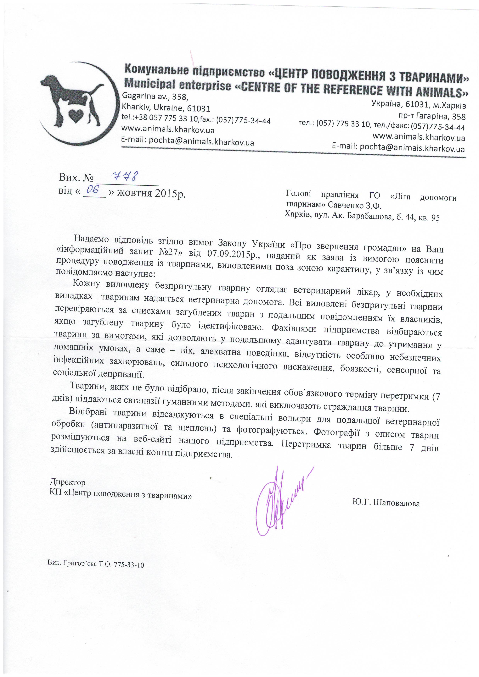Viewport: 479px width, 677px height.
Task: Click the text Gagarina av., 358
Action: pos(155,96)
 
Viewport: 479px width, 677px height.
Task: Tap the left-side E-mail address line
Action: pos(188,142)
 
